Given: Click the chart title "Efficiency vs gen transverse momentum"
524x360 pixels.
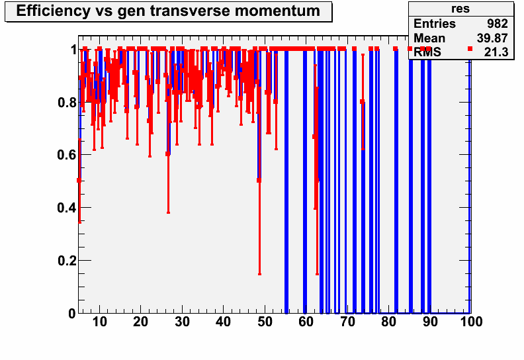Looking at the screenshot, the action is [x=168, y=11].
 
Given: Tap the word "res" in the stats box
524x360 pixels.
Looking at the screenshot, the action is [x=460, y=9].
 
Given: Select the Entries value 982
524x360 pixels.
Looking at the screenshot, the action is [x=498, y=24].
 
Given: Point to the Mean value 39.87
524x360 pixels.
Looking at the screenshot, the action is [x=492, y=38].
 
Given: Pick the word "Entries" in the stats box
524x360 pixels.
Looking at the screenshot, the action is [x=435, y=24].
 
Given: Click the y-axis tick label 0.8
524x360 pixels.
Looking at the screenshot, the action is [x=67, y=103].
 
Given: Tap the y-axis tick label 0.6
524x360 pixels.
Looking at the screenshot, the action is [x=67, y=155].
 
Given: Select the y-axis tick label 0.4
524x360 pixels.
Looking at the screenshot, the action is [x=67, y=208].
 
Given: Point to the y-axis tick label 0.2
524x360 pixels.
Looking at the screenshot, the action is [x=67, y=261].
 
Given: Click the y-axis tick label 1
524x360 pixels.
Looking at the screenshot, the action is [x=73, y=50].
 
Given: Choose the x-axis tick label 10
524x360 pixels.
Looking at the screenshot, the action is [x=99, y=322].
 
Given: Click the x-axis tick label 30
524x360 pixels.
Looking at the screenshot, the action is [x=182, y=322].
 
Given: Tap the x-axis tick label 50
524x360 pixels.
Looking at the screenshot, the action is [x=265, y=322].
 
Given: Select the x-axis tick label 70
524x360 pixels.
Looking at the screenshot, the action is [x=347, y=322].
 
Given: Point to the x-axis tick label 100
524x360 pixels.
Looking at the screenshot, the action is [x=471, y=322].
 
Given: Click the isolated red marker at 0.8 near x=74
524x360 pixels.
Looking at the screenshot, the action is [x=363, y=102].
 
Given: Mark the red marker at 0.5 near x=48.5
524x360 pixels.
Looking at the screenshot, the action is [x=259, y=181].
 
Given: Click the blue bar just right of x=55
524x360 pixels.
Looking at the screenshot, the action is [x=286, y=182].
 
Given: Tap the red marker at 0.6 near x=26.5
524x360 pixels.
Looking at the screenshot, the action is [x=168, y=154].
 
